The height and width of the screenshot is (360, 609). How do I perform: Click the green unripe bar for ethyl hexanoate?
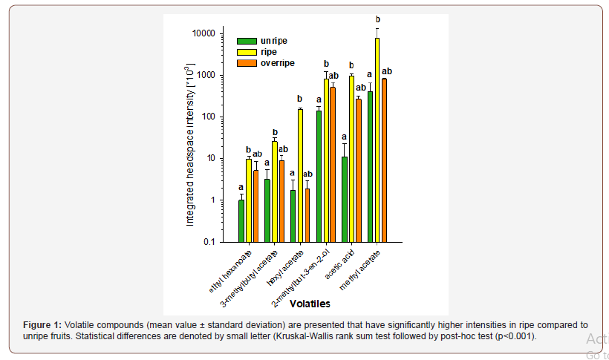(241, 220)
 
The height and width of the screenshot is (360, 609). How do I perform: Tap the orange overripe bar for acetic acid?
(359, 170)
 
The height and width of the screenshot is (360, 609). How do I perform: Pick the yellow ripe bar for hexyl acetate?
(300, 175)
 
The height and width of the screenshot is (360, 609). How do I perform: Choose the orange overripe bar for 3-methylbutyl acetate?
(281, 200)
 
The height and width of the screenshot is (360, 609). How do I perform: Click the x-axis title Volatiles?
(310, 304)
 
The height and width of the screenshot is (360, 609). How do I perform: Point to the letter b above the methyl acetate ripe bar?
(378, 19)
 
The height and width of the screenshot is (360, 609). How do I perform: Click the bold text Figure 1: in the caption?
(42, 325)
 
